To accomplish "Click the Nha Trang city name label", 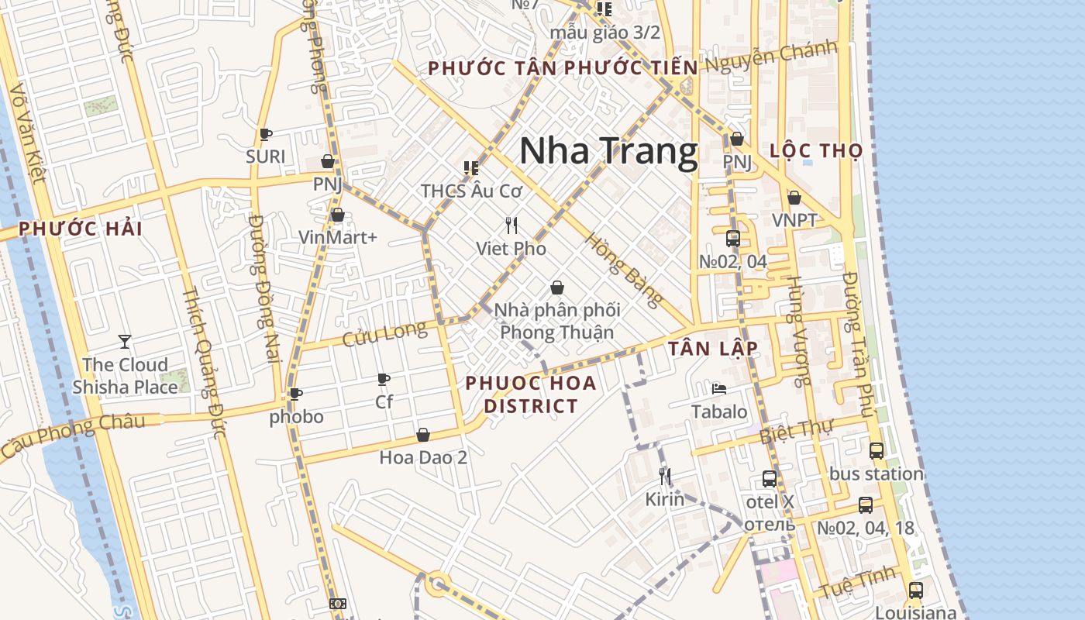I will (x=608, y=151).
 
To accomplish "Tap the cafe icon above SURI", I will (x=266, y=134).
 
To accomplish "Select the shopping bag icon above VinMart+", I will (x=337, y=215).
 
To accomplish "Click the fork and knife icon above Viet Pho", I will (x=511, y=226).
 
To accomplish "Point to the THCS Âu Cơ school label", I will (x=471, y=190).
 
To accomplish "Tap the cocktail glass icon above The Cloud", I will (x=125, y=341).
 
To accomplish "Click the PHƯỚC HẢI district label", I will (x=81, y=229).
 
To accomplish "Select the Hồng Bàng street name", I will (x=625, y=270).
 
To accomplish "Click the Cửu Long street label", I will (x=384, y=334).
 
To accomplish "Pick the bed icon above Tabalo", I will (x=719, y=388).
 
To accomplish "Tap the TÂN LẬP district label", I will (x=713, y=349).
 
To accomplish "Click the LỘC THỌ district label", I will (x=816, y=151).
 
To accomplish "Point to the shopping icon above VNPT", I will (x=794, y=198).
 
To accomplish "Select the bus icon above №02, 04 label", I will (x=732, y=239).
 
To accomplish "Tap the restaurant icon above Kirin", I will (x=664, y=475).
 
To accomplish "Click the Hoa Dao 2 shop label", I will (x=423, y=457).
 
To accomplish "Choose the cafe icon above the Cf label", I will (x=383, y=379).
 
